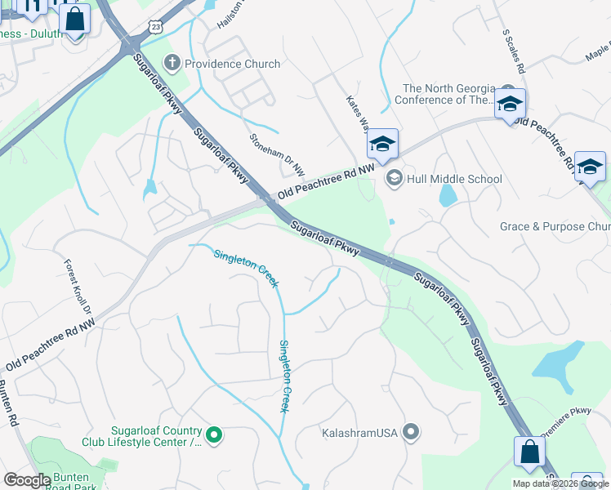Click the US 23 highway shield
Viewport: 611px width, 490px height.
156,27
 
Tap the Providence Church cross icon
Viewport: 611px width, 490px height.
172,63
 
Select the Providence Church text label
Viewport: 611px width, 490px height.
232,64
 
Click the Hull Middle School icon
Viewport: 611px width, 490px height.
395,178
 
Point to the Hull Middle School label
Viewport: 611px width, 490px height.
455,179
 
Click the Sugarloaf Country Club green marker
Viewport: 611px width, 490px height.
214,436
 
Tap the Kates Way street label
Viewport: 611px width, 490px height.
357,114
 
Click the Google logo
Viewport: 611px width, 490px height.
27,480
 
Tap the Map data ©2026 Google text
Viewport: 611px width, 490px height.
561,483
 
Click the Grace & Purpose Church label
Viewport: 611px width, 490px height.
555,226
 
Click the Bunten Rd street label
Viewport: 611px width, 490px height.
8,404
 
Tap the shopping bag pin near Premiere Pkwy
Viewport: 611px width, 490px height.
529,451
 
